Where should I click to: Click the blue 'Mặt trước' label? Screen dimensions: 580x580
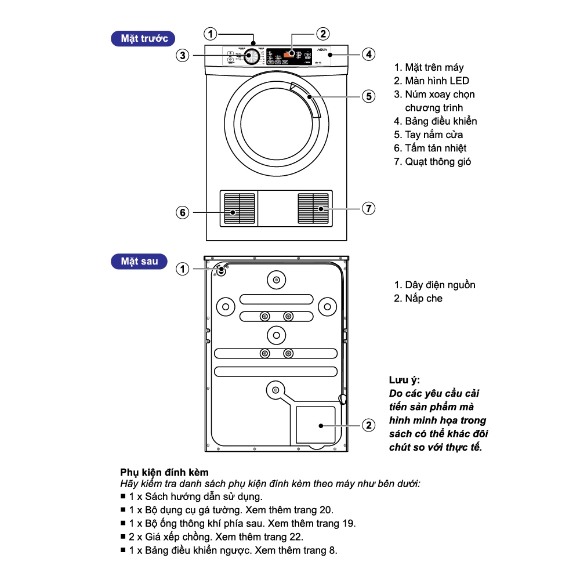144,39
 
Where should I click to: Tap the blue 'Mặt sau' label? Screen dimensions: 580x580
139,262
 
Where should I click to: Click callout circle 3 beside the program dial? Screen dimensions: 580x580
183,56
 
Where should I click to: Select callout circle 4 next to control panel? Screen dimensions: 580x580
368,55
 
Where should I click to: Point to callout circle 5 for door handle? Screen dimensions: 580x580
368,96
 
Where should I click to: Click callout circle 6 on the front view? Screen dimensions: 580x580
183,213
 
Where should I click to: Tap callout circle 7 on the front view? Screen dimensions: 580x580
368,208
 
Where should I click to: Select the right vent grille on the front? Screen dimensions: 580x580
313,208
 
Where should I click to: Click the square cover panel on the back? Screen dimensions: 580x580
316,425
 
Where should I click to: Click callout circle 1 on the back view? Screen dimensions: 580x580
183,269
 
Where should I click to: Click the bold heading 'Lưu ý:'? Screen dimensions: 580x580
404,380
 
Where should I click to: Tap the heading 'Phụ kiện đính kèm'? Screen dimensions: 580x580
164,473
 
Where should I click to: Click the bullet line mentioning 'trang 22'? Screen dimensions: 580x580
216,537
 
